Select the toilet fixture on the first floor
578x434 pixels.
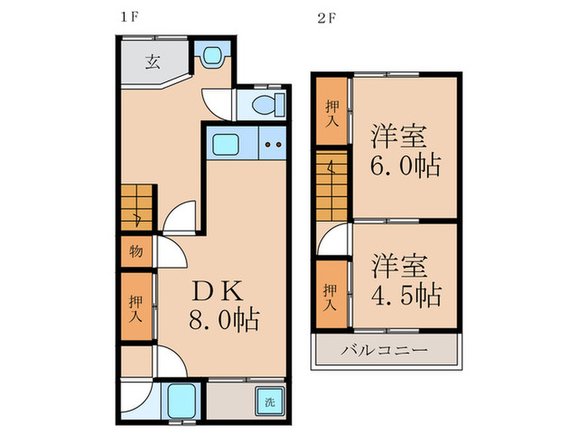click(x=266, y=106)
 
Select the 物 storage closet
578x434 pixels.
click(x=135, y=252)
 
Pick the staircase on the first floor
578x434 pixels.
click(x=136, y=207)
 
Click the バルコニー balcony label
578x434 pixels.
click(x=385, y=351)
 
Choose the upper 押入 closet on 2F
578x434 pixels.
click(x=332, y=110)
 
